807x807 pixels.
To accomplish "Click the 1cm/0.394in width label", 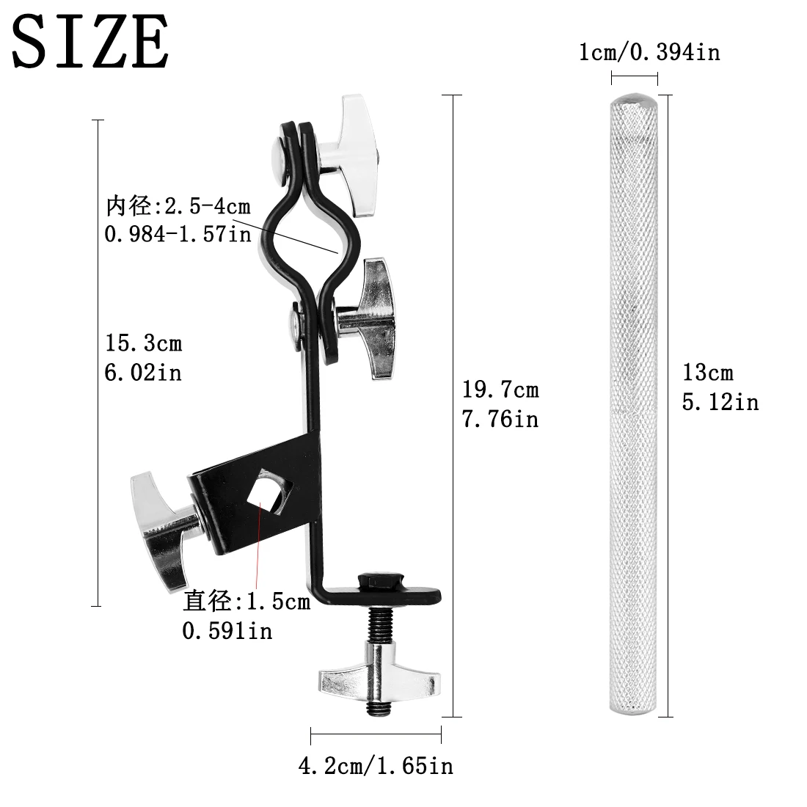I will point(649,52).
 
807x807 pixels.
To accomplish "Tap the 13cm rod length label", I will point(708,373).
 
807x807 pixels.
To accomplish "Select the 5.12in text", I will point(720,402).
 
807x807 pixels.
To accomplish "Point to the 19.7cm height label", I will point(500,389).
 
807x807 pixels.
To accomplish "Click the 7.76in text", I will point(500,418).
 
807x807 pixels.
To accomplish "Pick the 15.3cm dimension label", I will point(144,343).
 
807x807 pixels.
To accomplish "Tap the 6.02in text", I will point(144,372).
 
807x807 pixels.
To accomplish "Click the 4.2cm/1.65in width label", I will point(375,767).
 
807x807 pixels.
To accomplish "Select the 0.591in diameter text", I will point(227,630).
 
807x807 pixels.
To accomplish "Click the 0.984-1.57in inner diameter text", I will point(178,235).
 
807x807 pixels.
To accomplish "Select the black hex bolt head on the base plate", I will point(379,582).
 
